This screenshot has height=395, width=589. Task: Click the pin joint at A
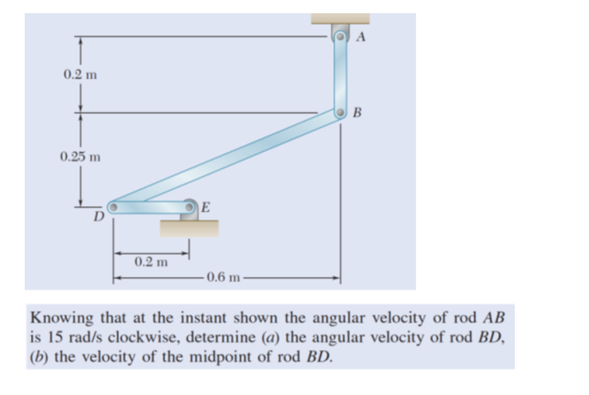[340, 36]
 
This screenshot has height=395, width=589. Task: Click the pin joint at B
[340, 112]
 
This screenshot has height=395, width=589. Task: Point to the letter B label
[356, 112]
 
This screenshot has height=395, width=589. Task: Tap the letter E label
[205, 208]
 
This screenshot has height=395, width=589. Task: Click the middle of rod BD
[226, 160]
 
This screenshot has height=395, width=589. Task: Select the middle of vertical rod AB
[340, 74]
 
